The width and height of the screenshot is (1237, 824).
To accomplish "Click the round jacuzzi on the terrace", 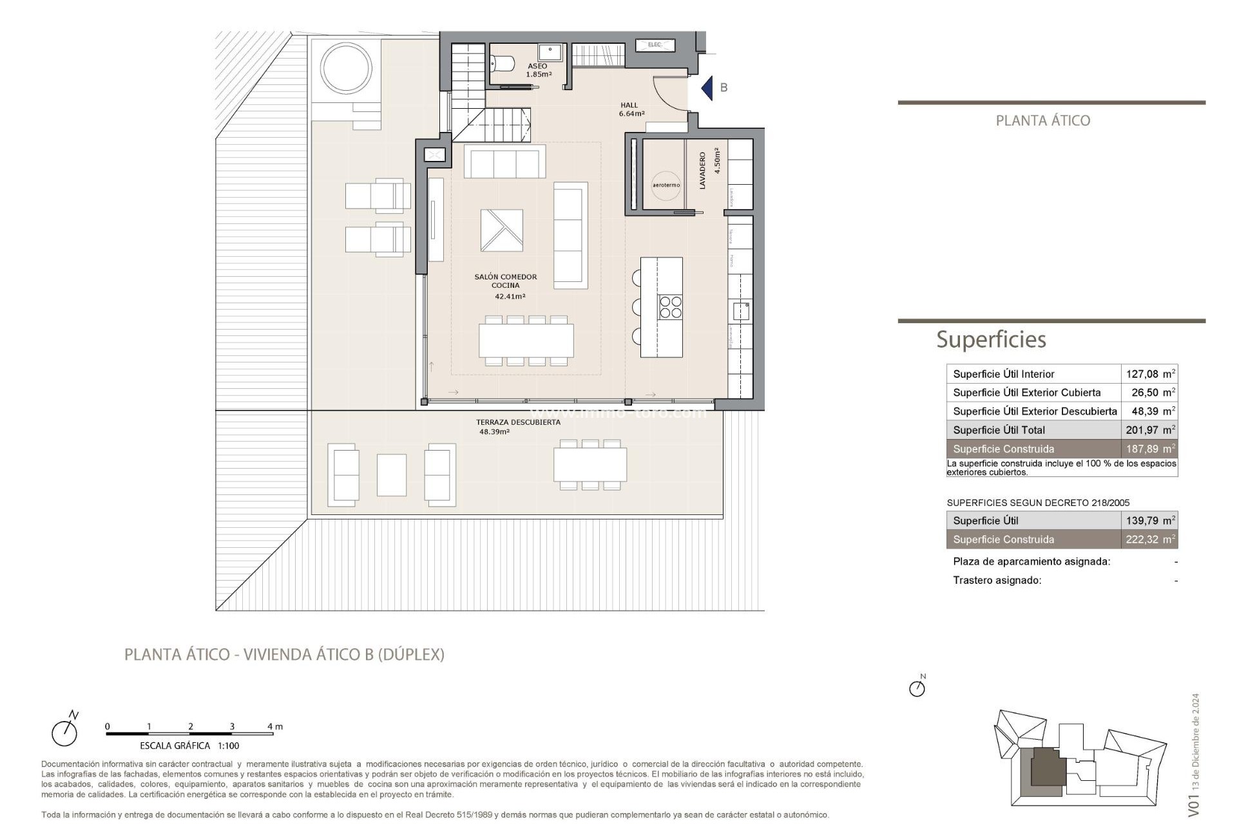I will tap(346, 68).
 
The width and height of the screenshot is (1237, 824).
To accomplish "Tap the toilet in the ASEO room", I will tap(503, 64).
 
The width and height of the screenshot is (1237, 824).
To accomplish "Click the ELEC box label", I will tap(655, 44).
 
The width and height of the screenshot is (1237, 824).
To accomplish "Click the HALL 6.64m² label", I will tap(631, 109).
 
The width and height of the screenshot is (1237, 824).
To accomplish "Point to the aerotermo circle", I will tap(666, 185).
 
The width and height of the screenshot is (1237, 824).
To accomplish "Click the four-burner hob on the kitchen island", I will tap(670, 307).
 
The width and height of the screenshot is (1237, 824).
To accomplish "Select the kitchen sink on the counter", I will tap(741, 311).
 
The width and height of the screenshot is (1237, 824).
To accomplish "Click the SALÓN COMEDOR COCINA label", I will tap(506, 281).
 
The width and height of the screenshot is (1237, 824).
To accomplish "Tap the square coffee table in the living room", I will tap(501, 230).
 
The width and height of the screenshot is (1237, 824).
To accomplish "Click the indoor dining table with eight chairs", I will tap(526, 341).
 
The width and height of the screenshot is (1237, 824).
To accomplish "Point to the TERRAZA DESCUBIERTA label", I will tap(518, 422).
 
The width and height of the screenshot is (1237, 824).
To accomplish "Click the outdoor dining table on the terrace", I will tap(590, 465).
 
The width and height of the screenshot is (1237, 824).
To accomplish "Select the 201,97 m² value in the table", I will tap(1149, 430).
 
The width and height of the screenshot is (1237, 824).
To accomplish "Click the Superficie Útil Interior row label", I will tap(1003, 374).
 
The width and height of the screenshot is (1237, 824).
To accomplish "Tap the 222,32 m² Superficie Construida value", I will tap(1149, 539).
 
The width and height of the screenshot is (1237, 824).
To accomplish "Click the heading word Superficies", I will tap(991, 339).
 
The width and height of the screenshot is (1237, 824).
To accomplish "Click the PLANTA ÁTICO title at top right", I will tap(1042, 120).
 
